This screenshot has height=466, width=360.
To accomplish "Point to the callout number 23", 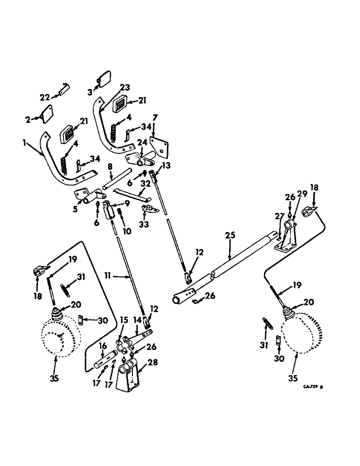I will [x=112, y=87].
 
